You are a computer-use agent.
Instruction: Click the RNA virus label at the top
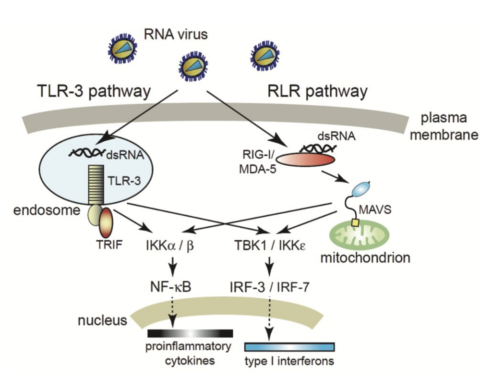(170, 35)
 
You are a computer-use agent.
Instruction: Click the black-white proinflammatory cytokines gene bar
(190, 333)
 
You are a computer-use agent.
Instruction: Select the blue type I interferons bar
(289, 346)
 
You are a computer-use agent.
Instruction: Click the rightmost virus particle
(264, 57)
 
